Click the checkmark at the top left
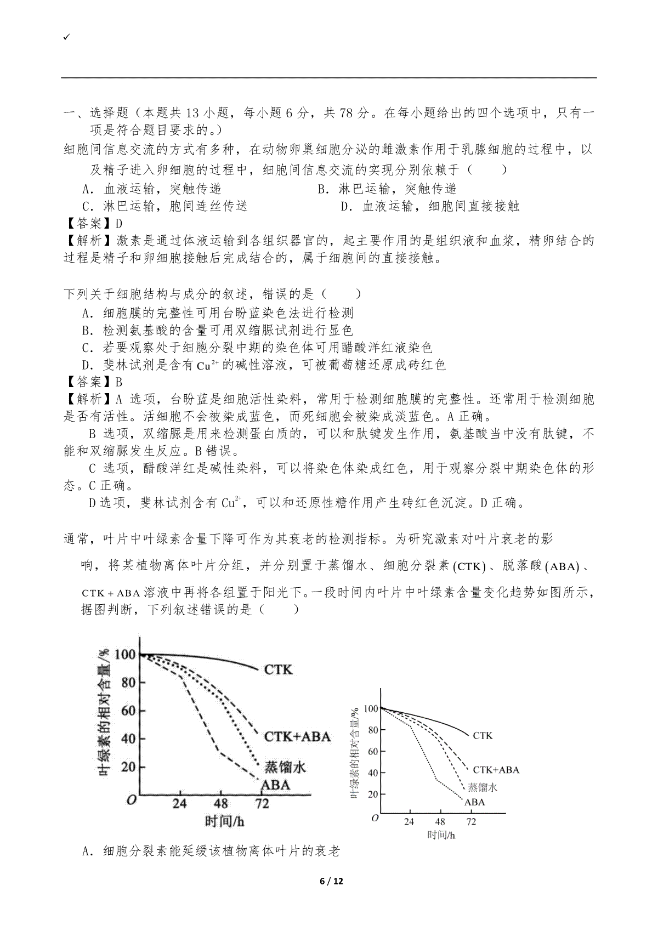(66, 37)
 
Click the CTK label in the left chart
(279, 669)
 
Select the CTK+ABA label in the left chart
(297, 736)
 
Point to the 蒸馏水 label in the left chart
(285, 767)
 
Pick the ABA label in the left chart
(275, 785)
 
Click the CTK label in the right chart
(483, 735)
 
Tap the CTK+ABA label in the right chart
(496, 770)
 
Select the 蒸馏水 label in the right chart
(482, 787)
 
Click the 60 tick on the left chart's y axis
(128, 711)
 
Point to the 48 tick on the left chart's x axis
(220, 804)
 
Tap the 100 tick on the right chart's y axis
(371, 708)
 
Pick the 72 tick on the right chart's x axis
(471, 822)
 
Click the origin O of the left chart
(131, 800)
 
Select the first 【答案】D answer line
(93, 223)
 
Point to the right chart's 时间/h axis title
(441, 835)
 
